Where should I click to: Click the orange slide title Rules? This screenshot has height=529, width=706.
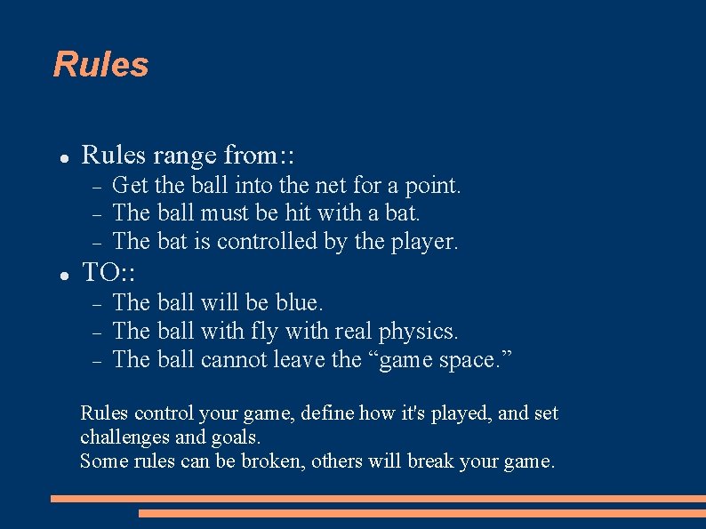coord(100,65)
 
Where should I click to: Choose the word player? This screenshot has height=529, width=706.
coord(424,242)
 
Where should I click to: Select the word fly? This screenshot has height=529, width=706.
coord(264,332)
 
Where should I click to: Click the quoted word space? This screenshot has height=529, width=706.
coord(477,360)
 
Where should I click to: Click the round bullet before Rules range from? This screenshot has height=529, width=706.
coord(64,157)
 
